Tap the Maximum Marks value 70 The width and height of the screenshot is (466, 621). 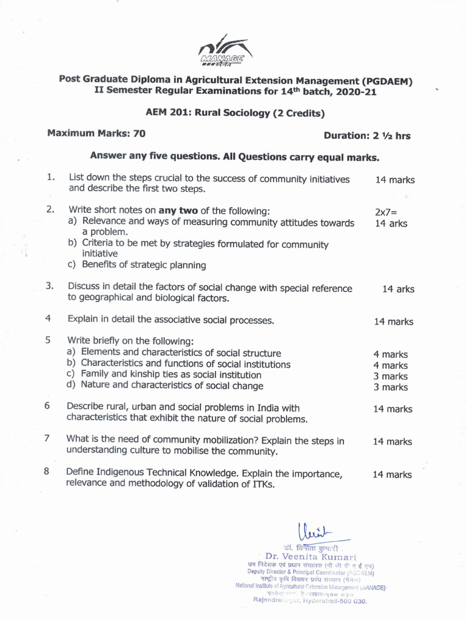139,133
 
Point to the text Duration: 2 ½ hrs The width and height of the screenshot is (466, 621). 366,136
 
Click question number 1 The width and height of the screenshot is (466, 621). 50,178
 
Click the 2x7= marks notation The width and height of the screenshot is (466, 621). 387,212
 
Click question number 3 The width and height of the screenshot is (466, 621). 50,286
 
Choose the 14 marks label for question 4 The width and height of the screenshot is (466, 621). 393,322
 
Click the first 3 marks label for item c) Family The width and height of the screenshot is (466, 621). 391,376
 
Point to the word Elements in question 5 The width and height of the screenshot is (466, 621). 101,352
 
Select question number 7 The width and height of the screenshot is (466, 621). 47,438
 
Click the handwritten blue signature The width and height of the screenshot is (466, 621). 317,532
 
